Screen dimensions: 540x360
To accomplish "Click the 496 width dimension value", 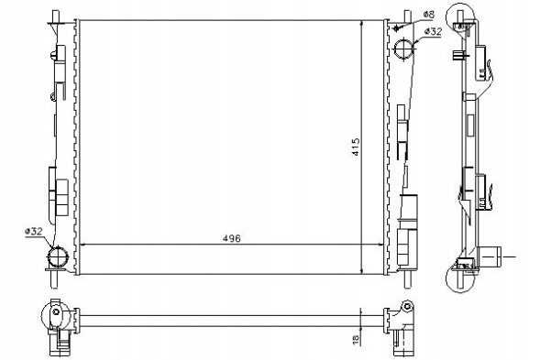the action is [x=231, y=238].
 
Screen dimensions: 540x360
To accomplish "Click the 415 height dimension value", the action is [x=356, y=147].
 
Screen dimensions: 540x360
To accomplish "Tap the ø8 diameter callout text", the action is [x=429, y=15].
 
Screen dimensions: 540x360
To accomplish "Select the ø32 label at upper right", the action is [x=433, y=31].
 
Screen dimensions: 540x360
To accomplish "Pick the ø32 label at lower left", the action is [x=33, y=232].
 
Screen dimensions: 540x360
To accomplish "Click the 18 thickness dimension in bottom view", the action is [x=356, y=339].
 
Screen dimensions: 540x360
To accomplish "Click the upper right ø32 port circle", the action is [x=404, y=49].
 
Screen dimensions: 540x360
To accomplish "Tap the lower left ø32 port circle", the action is [x=58, y=256].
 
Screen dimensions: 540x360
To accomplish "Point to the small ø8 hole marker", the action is [x=397, y=27].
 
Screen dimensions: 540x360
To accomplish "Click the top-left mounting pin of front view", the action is [x=55, y=16].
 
